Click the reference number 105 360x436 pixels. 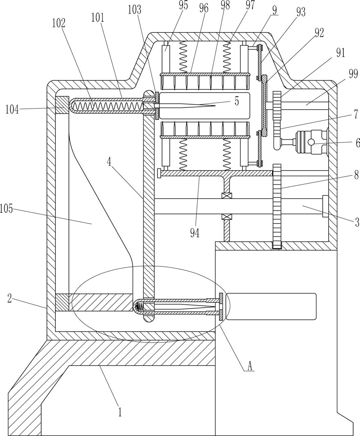click(x=7, y=209)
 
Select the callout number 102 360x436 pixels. click(x=58, y=23)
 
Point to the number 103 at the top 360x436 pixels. click(x=135, y=10)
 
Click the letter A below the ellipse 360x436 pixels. click(x=250, y=367)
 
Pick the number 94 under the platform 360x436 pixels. click(x=195, y=233)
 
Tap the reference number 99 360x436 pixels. click(x=353, y=75)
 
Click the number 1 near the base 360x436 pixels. click(x=120, y=412)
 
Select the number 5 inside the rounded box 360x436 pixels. click(x=236, y=102)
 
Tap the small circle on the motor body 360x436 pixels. click(x=311, y=142)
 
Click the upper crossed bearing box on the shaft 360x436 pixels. click(x=225, y=196)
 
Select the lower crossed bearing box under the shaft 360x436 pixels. click(x=225, y=217)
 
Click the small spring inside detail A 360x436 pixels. click(x=139, y=307)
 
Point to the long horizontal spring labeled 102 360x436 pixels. click(x=107, y=106)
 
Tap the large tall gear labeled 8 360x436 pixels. click(x=277, y=206)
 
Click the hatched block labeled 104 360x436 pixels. click(x=62, y=105)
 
